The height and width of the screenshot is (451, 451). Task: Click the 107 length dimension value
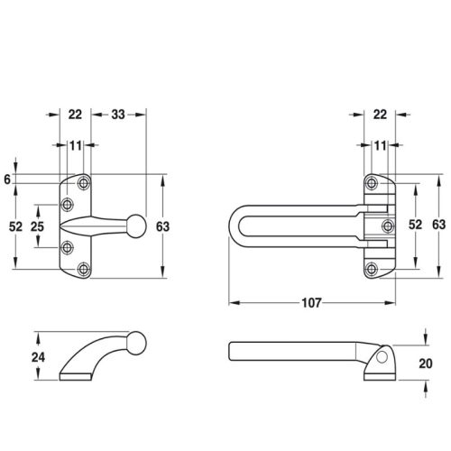coord(312,303)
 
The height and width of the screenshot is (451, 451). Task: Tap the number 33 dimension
coord(118,115)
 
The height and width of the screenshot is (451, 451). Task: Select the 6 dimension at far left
coord(7,179)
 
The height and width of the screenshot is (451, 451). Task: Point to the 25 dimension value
coord(37,226)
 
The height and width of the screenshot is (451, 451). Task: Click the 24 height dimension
coord(38,357)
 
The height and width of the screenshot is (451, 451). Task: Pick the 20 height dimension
coord(426,364)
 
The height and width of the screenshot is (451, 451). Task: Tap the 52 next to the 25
coord(15,226)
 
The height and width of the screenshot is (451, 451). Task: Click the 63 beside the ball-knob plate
coord(162,226)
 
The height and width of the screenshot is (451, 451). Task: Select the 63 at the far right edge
coord(438,225)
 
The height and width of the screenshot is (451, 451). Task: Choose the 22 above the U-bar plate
coord(380,115)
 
